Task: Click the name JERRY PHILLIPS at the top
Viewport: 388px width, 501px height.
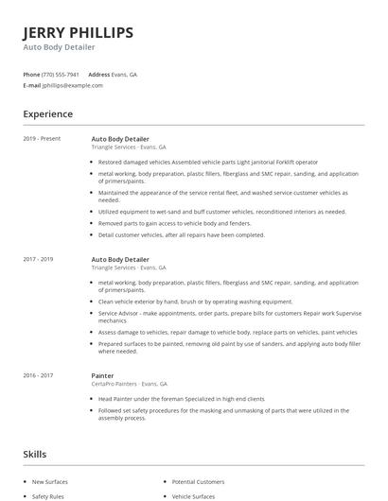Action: [78, 32]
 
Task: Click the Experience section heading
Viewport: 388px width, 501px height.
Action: [47, 114]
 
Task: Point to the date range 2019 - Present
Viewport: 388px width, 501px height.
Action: [42, 139]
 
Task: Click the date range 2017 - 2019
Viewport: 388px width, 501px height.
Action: [39, 259]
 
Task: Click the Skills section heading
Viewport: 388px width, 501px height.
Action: [34, 455]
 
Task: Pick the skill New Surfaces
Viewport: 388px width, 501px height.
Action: [50, 482]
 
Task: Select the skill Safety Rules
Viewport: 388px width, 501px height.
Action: [47, 495]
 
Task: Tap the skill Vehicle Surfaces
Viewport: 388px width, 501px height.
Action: [194, 495]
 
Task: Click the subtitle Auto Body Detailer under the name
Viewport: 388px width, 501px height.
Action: [59, 47]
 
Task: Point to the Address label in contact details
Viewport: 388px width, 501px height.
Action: [98, 74]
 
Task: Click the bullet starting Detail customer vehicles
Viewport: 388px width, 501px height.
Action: [181, 234]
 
